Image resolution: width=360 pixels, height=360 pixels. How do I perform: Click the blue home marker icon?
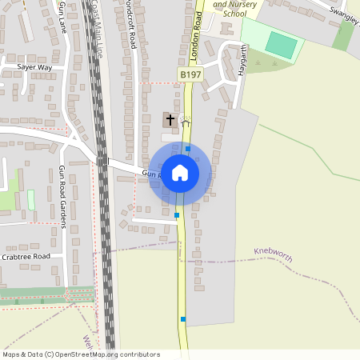click(179, 173)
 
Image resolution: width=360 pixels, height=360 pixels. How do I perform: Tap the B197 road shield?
click(190, 74)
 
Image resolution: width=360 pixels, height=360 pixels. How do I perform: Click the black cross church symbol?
click(170, 120)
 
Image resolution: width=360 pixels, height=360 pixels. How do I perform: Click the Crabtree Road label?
click(26, 256)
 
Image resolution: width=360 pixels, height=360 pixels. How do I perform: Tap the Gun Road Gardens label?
click(62, 196)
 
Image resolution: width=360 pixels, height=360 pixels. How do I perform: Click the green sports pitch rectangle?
click(281, 44)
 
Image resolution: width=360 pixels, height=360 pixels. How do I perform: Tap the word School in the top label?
click(235, 14)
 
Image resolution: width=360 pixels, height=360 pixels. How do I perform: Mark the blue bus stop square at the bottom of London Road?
click(183, 319)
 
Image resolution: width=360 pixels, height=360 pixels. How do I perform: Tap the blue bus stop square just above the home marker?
click(188, 149)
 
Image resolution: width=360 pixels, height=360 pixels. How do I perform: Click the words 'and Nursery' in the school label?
click(235, 4)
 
